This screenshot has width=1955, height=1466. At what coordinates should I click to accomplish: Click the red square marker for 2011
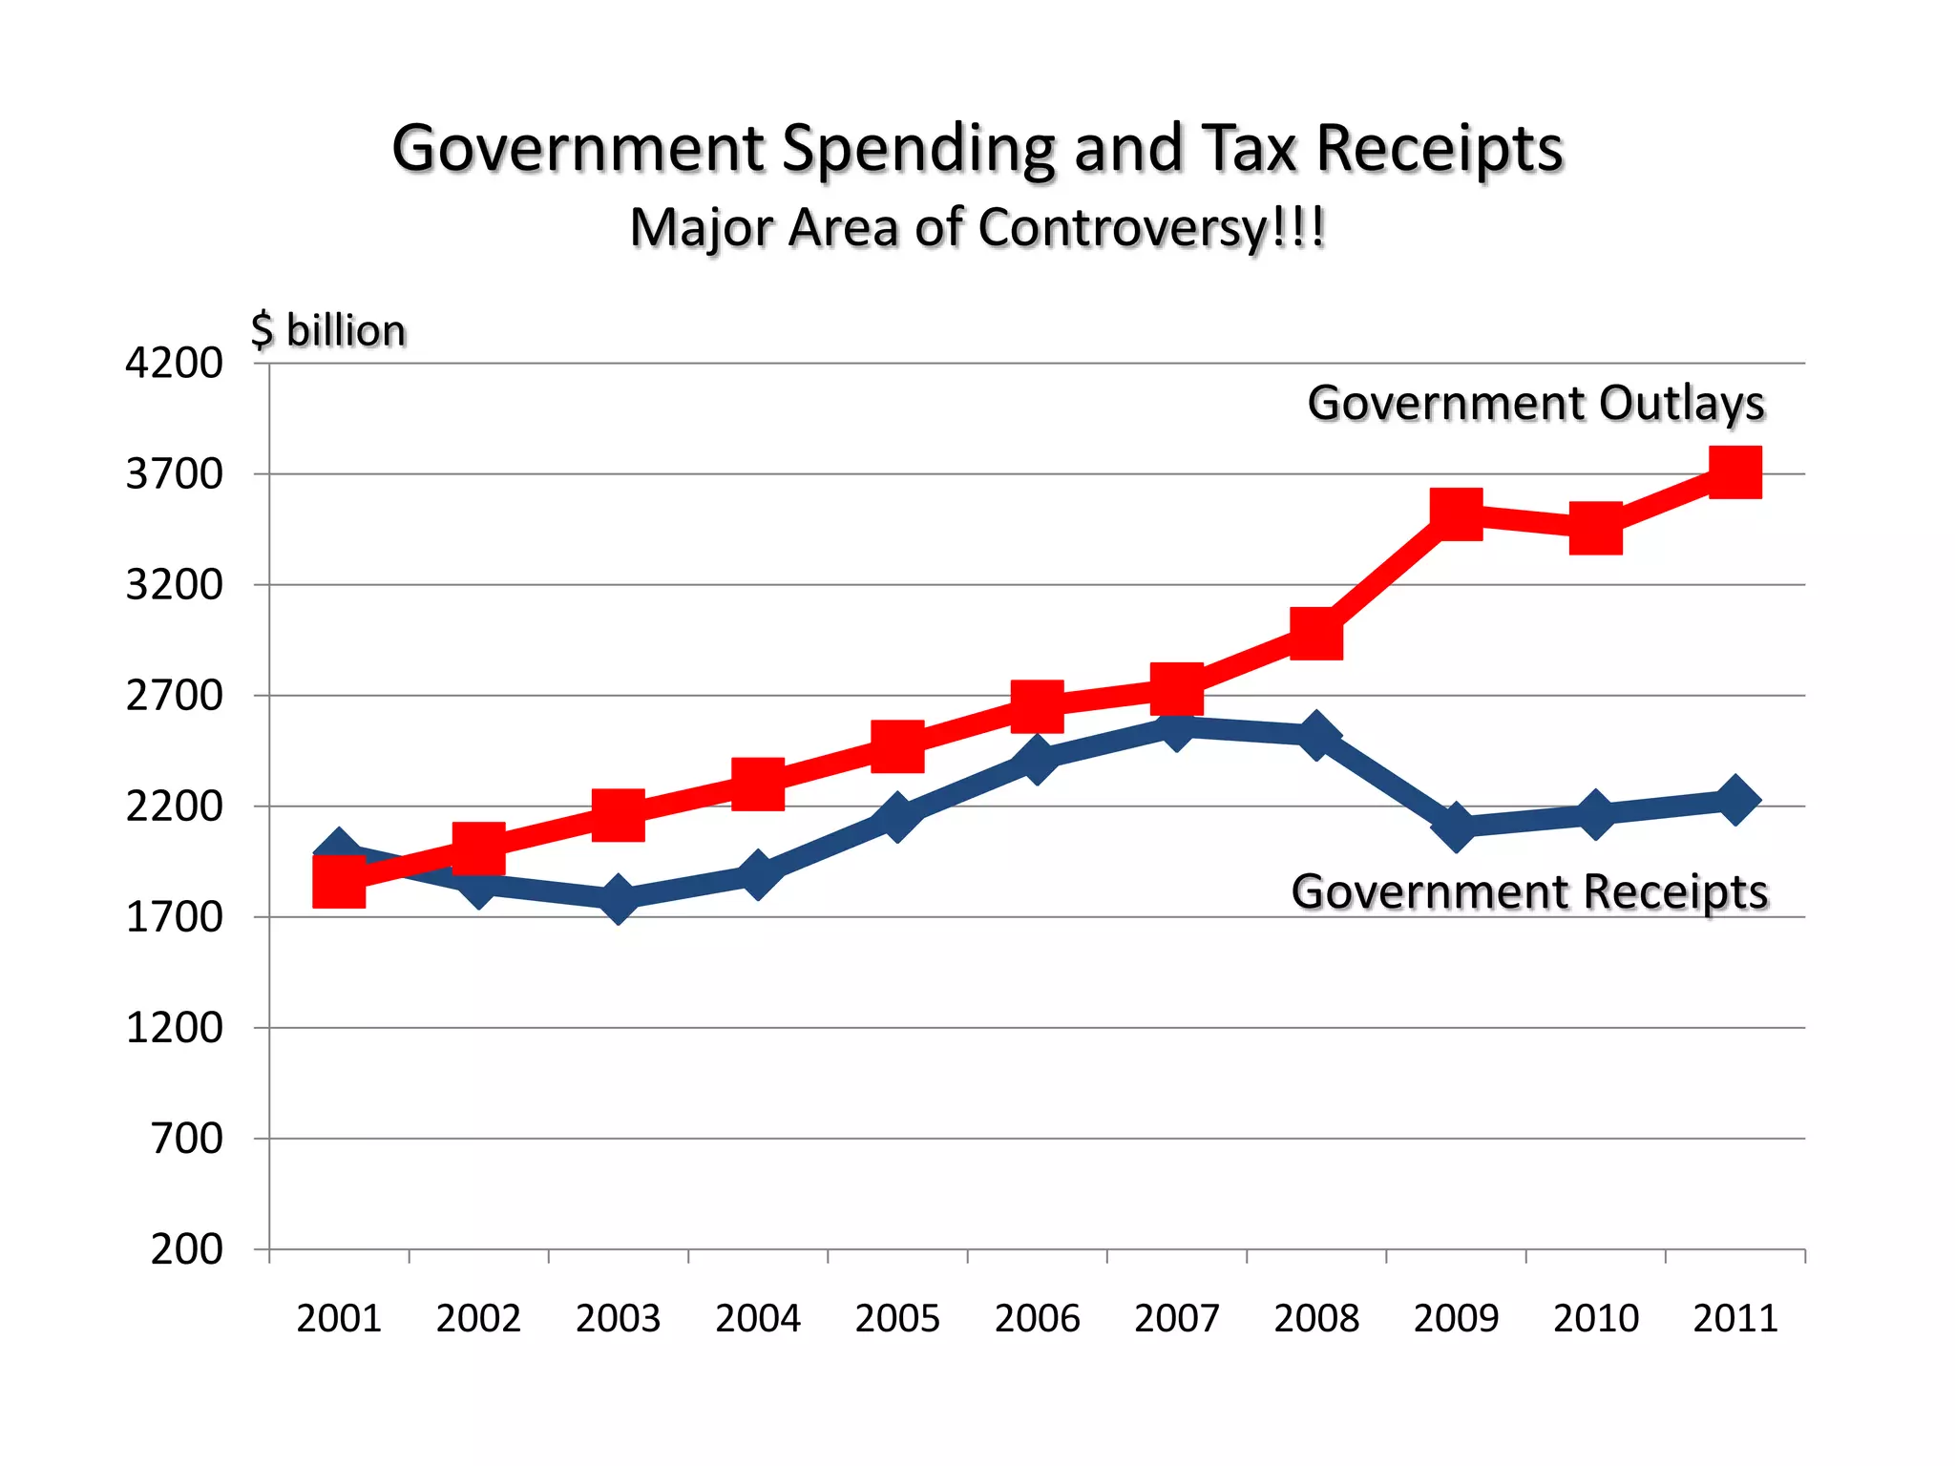(x=1734, y=472)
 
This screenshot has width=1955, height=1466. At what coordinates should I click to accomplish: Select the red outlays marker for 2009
(x=1456, y=513)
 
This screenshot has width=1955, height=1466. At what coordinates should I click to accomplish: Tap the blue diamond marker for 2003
(x=619, y=899)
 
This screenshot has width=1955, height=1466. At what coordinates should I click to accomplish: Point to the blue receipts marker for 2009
(x=1456, y=826)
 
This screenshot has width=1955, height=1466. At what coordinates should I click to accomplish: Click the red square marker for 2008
(x=1316, y=634)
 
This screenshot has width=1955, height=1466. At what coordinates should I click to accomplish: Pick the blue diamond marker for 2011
(x=1734, y=800)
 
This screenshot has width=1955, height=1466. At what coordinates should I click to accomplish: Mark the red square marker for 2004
(x=758, y=784)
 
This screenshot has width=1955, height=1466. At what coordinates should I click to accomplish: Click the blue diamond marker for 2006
(x=1037, y=759)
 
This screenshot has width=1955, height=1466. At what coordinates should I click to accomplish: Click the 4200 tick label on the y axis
(x=174, y=364)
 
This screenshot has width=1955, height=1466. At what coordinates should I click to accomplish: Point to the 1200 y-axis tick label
(x=174, y=1029)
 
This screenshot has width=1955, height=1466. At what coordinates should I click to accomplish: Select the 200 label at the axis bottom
(x=186, y=1249)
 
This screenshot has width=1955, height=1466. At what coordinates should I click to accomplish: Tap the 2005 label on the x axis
(x=897, y=1319)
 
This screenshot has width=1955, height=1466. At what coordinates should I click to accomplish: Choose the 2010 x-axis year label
(x=1595, y=1319)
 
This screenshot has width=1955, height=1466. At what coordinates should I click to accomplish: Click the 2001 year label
(x=339, y=1319)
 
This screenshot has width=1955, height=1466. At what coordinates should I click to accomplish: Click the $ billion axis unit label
(x=328, y=331)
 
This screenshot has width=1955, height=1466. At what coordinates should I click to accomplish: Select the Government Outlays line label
(x=1536, y=403)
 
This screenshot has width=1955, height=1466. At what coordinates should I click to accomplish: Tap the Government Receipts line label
(x=1529, y=892)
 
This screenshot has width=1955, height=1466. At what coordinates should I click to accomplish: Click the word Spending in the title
(x=918, y=150)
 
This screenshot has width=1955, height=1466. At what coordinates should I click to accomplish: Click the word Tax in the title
(x=1250, y=150)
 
